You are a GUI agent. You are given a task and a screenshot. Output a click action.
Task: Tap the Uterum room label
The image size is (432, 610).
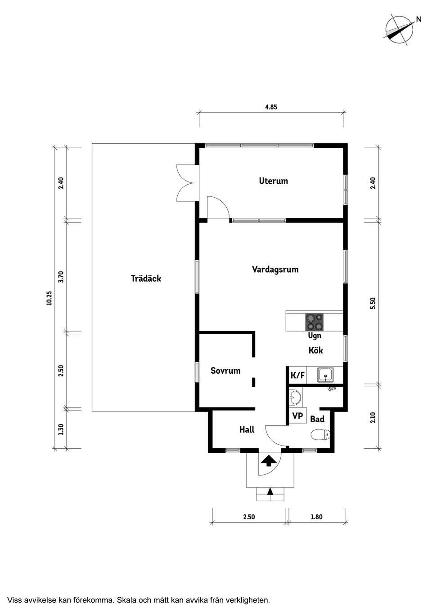pyautogui.click(x=273, y=181)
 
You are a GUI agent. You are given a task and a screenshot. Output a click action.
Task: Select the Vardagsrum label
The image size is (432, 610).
pyautogui.click(x=275, y=270)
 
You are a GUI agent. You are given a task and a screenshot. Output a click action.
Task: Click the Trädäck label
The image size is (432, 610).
pyautogui.click(x=146, y=278)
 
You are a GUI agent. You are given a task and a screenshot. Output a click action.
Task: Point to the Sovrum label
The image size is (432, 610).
pyautogui.click(x=225, y=371)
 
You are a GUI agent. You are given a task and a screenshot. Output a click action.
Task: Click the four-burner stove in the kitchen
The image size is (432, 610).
pyautogui.click(x=314, y=322)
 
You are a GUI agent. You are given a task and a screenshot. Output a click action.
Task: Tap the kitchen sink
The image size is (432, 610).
pyautogui.click(x=325, y=374)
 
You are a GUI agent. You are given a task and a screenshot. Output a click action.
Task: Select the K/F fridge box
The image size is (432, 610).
pyautogui.click(x=297, y=375)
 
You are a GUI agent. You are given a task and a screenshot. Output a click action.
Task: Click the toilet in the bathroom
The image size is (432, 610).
pyautogui.click(x=320, y=434)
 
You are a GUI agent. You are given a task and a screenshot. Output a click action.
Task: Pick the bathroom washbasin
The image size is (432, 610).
pyautogui.click(x=295, y=396)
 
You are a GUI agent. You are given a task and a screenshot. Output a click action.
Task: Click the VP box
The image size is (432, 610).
pyautogui.click(x=297, y=416)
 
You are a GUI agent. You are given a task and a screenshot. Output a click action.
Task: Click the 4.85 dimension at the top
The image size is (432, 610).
pyautogui.click(x=271, y=107)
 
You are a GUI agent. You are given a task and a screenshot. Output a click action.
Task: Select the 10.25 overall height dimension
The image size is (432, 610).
pyautogui.click(x=49, y=298)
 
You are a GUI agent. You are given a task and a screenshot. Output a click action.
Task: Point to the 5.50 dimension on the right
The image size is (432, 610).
pyautogui.click(x=373, y=304)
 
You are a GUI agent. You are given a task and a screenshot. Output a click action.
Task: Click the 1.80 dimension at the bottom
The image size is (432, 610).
pyautogui.click(x=317, y=517)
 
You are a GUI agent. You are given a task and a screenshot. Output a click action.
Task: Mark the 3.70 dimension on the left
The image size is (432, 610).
pyautogui.click(x=61, y=276)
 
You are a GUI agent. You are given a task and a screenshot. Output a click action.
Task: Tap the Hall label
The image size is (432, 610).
pyautogui.click(x=247, y=430)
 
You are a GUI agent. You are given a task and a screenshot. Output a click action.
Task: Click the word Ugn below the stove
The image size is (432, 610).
pyautogui.click(x=314, y=336)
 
